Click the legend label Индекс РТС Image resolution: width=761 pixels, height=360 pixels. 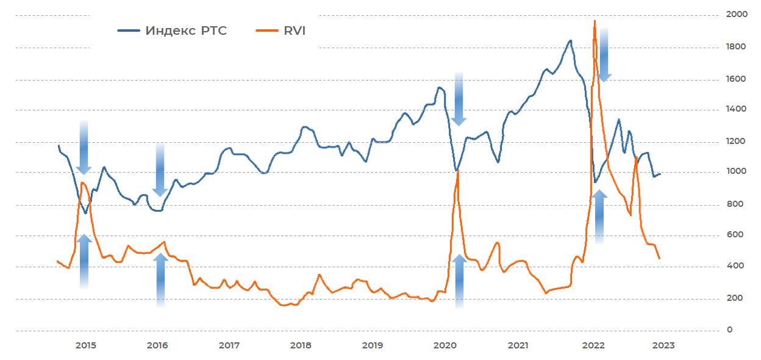pos(186,31)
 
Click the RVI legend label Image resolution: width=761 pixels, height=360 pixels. pos(294,31)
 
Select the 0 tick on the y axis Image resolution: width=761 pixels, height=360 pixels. pos(730,330)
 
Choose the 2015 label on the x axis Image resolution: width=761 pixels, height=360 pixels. pos(86,345)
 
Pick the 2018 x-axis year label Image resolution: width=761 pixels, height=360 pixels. pos(301,345)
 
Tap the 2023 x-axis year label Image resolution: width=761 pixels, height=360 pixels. pos(663,345)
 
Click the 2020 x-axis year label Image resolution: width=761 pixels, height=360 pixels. pos(445,345)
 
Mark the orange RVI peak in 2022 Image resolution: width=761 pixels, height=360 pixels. pos(595,21)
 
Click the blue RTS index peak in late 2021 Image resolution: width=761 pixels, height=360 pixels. pos(571,41)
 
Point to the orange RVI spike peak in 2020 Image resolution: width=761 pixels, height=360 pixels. pos(457,171)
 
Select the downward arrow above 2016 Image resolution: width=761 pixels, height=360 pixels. pos(160,170)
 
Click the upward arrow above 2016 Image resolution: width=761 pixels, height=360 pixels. pos(160,279)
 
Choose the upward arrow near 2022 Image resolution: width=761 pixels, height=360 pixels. pos(599,217)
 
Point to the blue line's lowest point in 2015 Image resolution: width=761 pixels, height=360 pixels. pos(86,213)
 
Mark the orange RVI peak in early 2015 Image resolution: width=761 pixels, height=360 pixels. pos(82,182)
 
